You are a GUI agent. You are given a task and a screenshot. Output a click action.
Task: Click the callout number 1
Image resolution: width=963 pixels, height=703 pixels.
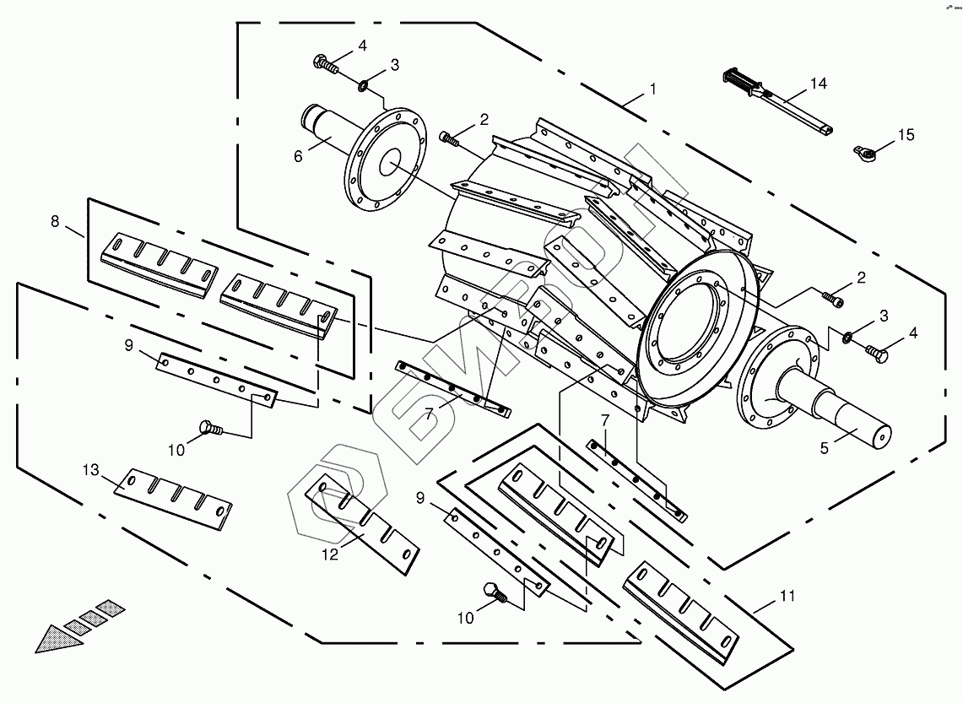pos(652,89)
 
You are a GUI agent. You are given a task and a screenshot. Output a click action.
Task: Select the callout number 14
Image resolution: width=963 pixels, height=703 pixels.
pos(818,84)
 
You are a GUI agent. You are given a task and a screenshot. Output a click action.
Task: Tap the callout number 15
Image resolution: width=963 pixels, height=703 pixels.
pos(905,135)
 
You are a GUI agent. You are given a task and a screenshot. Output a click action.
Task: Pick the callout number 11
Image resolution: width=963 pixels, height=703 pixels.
pos(787,596)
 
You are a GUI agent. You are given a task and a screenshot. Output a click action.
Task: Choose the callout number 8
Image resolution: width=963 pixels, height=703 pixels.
pos(56,222)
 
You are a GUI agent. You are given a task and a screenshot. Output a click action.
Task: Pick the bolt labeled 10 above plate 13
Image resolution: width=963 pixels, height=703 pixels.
pos(208,429)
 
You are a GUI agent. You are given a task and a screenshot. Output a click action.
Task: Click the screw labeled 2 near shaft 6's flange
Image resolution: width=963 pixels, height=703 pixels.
pos(450,139)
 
